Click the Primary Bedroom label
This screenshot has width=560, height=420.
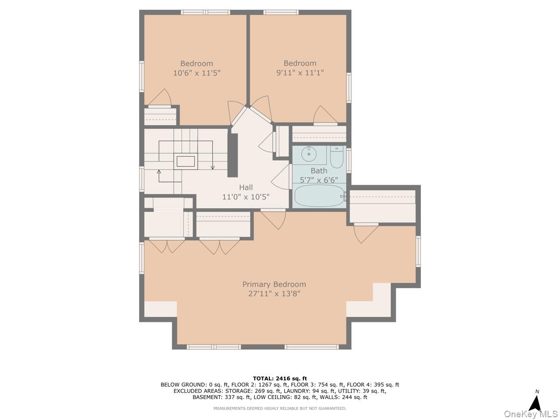coord(274,284)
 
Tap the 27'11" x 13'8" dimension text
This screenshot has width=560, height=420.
coord(274,294)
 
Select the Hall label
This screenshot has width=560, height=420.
coord(245,187)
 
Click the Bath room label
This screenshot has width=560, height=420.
coord(319,171)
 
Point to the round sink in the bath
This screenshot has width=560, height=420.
coord(309,154)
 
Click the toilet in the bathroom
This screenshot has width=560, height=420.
coord(336,157)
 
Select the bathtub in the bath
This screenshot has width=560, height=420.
coord(320,196)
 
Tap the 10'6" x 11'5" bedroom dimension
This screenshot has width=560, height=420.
coord(196,73)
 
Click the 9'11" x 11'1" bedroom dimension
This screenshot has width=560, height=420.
coord(300,73)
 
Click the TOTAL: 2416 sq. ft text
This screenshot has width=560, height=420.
coord(280,378)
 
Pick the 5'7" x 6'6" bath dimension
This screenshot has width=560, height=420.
coord(319,180)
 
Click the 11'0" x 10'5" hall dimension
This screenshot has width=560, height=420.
coord(245,197)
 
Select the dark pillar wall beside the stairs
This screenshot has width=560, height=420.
coord(232,155)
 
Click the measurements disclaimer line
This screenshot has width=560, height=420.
coord(280,408)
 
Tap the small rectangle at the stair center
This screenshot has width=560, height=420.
coord(185,161)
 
